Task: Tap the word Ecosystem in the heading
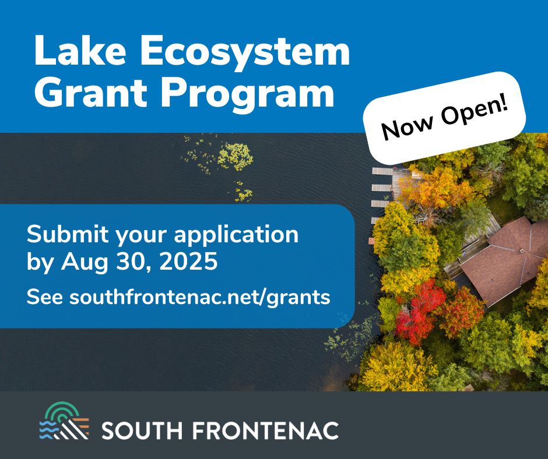tap(245, 53)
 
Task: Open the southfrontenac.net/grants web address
tap(199, 297)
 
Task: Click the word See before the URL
tap(45, 297)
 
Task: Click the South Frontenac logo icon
tap(64, 421)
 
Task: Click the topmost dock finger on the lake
tap(382, 171)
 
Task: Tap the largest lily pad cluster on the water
tap(235, 157)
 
